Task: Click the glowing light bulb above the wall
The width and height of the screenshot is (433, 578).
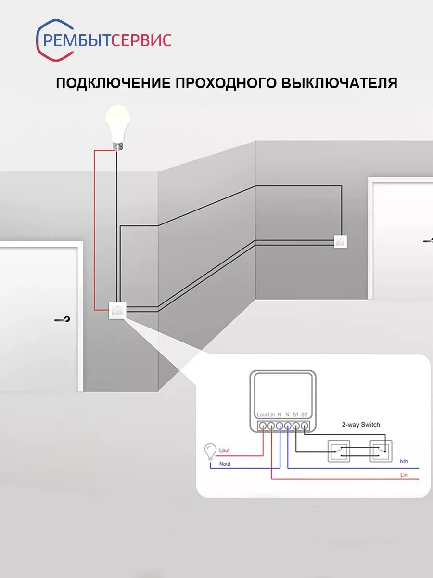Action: coord(118,123)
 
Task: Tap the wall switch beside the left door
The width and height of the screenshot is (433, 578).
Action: coord(117,310)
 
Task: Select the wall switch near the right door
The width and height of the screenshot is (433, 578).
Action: coord(340,241)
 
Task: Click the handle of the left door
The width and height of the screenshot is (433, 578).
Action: coord(63,319)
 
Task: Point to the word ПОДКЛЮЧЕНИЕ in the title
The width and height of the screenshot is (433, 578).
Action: coord(113,83)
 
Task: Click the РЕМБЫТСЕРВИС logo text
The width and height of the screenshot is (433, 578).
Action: coord(107,40)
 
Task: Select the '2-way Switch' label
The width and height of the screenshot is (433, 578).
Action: coord(360,425)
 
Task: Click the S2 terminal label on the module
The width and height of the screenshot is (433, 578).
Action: coord(304,414)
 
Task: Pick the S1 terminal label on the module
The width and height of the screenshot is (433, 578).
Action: coord(295,414)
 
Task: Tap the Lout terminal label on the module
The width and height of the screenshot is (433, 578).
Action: coord(262,414)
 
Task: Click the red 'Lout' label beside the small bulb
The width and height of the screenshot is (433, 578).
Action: coord(224,451)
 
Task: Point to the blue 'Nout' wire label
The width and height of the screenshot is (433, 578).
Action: coord(225,464)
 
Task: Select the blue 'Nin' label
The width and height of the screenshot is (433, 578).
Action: coord(404,461)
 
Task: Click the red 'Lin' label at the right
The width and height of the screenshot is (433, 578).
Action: coord(404,475)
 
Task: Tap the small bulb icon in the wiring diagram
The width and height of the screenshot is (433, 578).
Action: coord(210,451)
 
